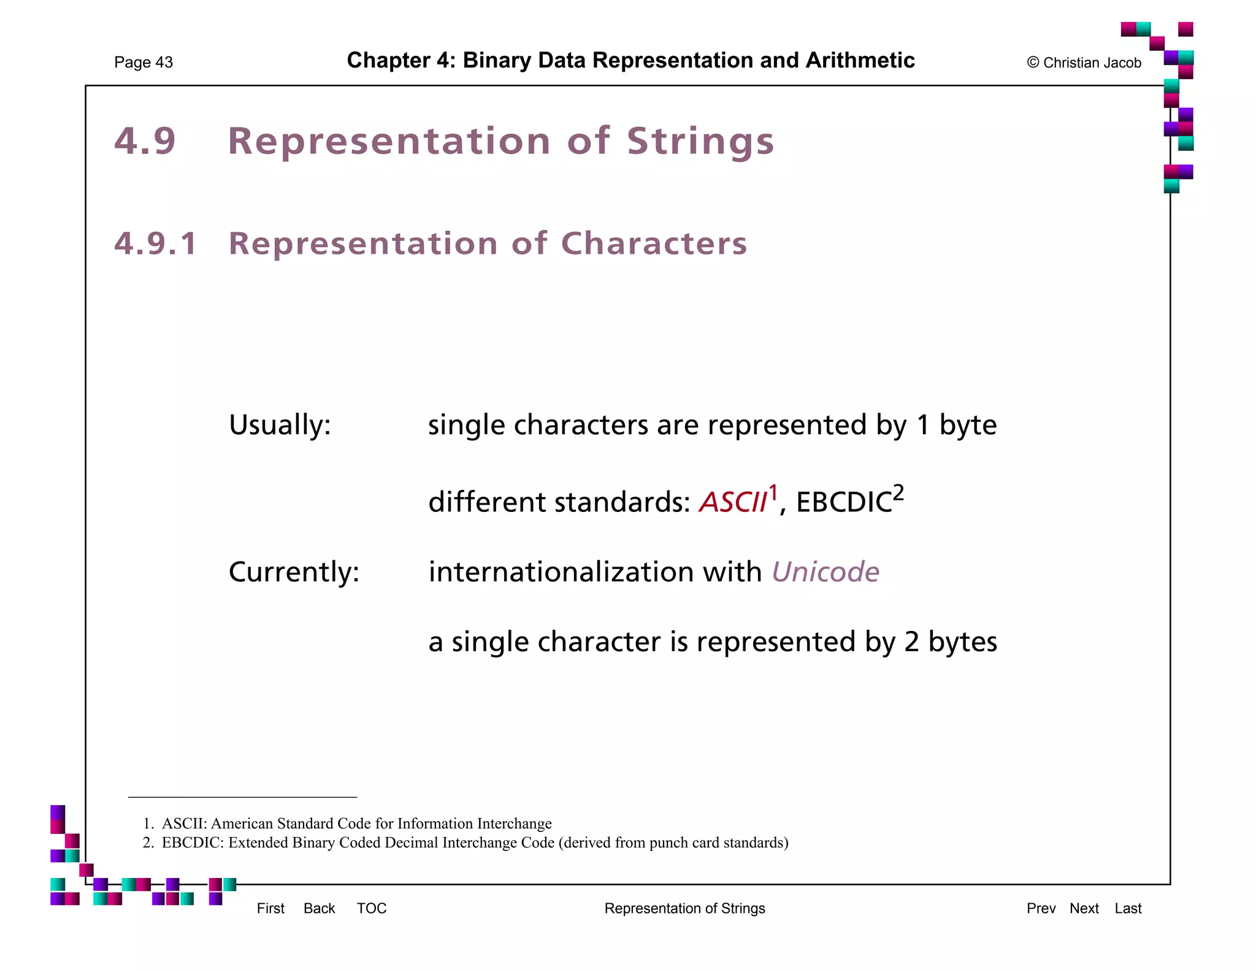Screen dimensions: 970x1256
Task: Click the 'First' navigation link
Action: point(270,908)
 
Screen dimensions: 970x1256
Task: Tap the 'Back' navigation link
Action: point(319,908)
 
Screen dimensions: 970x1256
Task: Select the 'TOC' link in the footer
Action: point(372,908)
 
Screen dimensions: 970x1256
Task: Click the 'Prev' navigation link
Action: point(1041,908)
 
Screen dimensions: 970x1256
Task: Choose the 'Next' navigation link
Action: point(1084,908)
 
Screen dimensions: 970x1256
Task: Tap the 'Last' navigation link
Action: point(1128,908)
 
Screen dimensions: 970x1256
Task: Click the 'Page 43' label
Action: point(144,63)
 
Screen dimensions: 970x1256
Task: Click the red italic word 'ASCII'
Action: point(733,502)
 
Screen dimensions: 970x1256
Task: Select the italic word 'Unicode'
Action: point(825,572)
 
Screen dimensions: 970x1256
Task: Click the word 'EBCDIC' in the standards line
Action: point(844,502)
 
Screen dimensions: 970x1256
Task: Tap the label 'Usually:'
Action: point(280,425)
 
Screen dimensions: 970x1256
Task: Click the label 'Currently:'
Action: point(294,572)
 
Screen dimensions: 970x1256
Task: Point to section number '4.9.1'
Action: point(156,243)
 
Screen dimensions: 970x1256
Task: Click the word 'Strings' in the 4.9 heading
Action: point(700,142)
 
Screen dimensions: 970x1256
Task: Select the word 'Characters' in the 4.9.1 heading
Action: point(654,243)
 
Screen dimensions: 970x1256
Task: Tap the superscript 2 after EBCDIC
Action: point(898,492)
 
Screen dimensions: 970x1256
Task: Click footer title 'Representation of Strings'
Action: point(684,908)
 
